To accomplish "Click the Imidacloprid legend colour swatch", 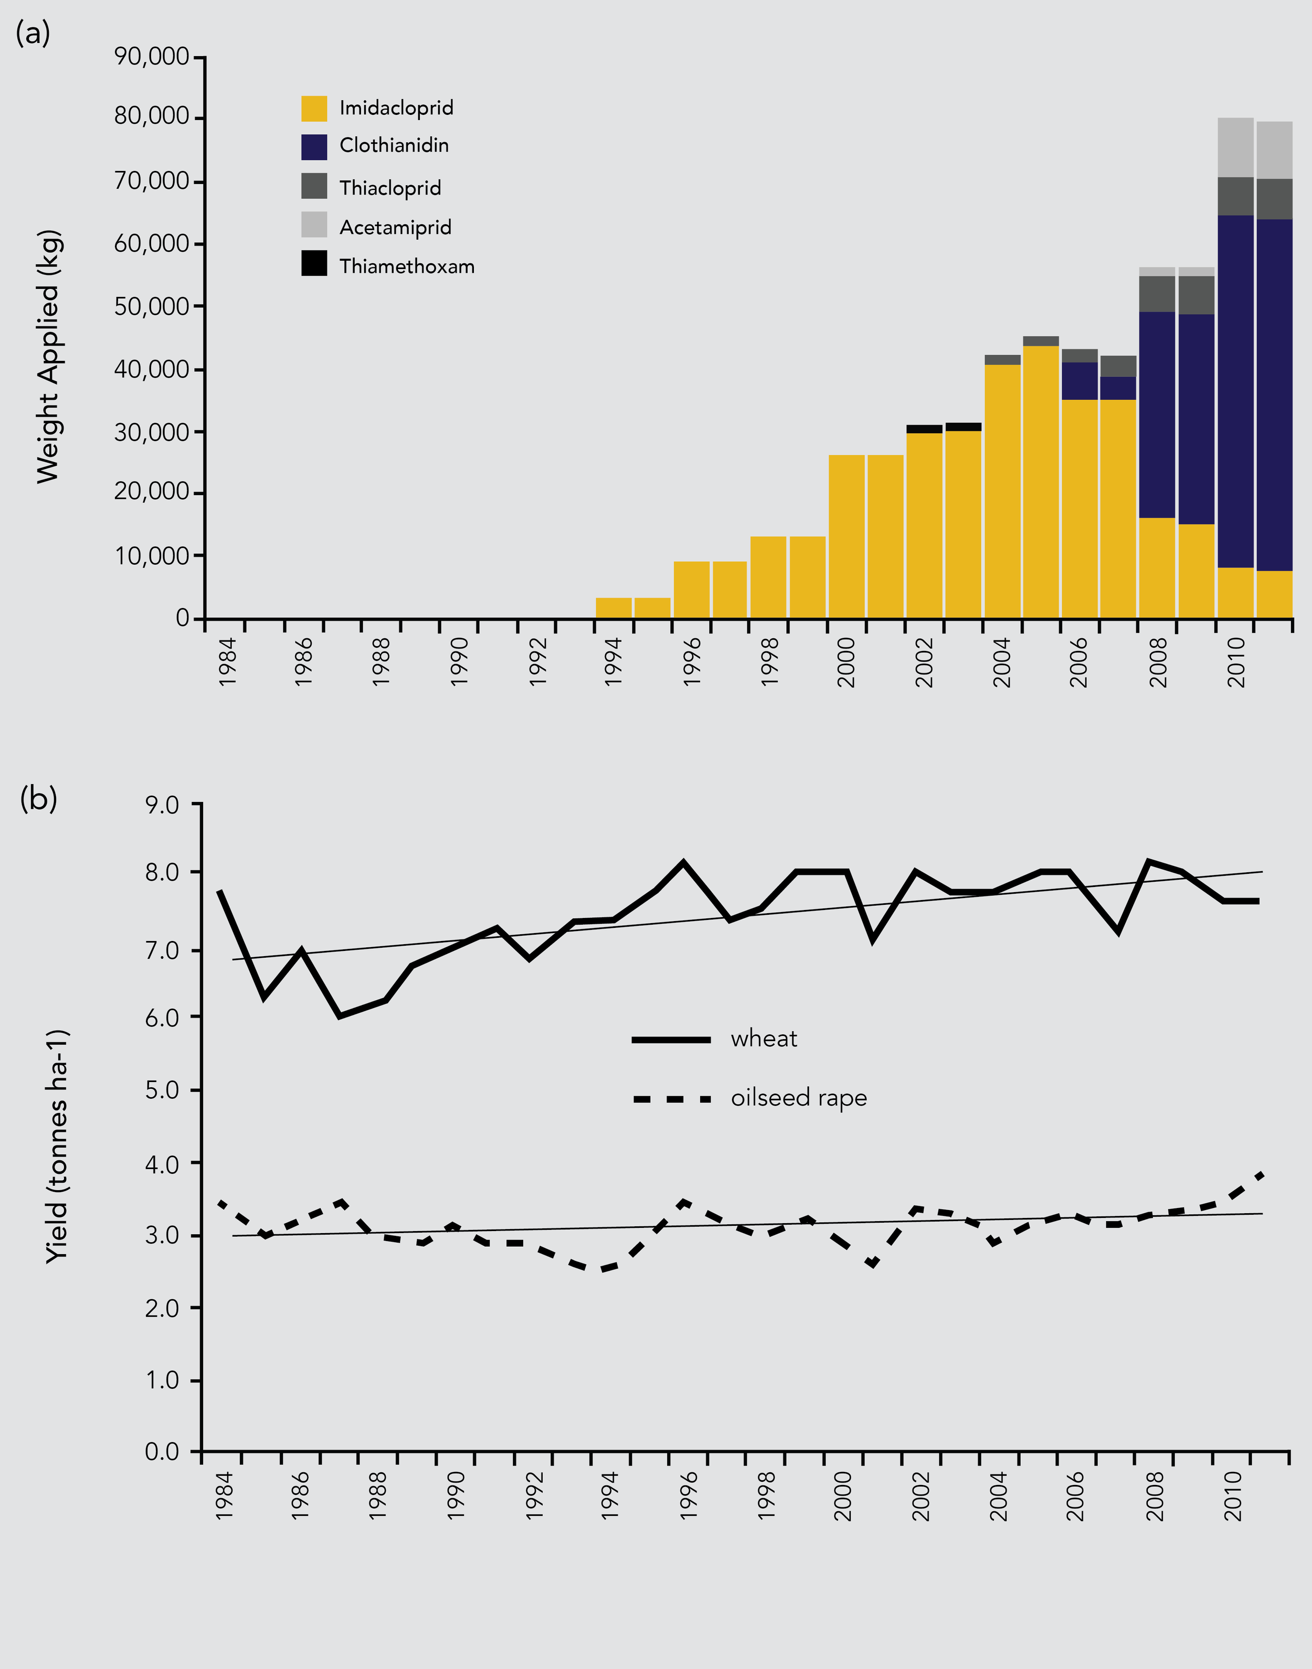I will [x=314, y=108].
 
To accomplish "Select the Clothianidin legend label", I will [x=394, y=146].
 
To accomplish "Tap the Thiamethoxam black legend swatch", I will [x=314, y=263].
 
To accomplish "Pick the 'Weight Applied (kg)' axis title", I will [x=48, y=357].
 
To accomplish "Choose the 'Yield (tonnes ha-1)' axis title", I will [x=56, y=1146].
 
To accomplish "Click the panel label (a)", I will [x=33, y=34].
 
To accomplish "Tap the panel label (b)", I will [x=38, y=799].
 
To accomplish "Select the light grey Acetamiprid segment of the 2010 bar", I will [x=1235, y=147].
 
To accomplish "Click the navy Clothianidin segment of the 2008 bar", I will [x=1157, y=414].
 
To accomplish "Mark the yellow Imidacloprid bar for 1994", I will [x=613, y=608].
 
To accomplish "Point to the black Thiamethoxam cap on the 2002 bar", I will [x=924, y=429].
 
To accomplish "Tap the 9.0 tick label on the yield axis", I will [x=162, y=805].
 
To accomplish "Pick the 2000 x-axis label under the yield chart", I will [x=843, y=1495].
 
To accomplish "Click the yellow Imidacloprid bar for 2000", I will [x=847, y=538].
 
